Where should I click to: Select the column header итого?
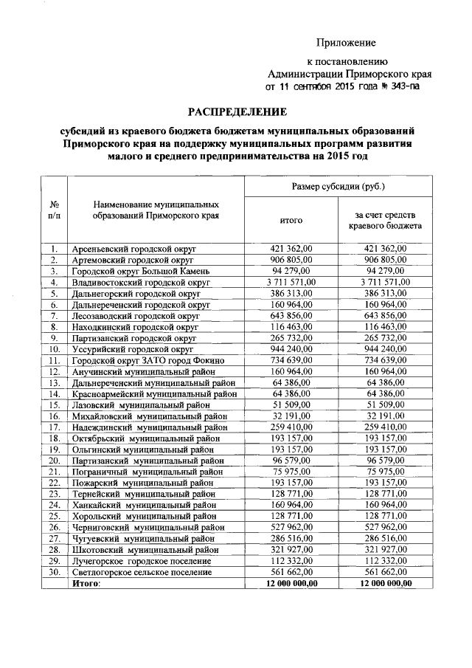tap(291, 220)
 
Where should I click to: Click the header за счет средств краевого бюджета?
tap(386, 220)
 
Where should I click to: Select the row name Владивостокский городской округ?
tap(136, 282)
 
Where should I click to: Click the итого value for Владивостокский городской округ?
tap(291, 282)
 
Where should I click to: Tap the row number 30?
tap(54, 572)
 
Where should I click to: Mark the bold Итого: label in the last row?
tap(86, 583)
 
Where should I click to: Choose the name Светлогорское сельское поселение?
tap(142, 572)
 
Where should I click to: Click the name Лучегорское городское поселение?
tap(141, 561)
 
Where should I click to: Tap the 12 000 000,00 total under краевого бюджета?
tap(386, 583)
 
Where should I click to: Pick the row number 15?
tap(54, 404)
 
